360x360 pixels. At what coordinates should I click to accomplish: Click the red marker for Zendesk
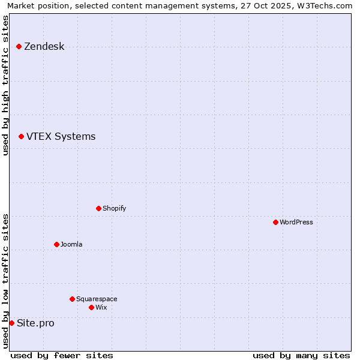point(19,46)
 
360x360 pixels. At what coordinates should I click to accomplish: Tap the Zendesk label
point(44,47)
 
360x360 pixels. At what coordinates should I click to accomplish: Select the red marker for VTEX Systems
point(21,136)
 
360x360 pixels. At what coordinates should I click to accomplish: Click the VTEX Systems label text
point(61,137)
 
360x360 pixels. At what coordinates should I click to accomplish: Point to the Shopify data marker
point(98,208)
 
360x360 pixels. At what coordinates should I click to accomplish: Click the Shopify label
point(114,209)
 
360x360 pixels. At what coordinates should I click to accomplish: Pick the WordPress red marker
point(275,222)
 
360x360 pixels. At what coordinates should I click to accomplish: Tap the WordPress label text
point(296,223)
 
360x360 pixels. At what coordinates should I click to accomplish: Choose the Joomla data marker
point(56,244)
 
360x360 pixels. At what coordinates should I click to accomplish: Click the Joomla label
point(71,245)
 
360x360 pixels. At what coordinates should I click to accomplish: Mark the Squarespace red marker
point(72,299)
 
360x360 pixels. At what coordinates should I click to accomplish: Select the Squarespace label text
point(97,299)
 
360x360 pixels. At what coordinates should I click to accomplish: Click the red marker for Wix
point(91,307)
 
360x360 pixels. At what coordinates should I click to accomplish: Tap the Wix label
point(101,308)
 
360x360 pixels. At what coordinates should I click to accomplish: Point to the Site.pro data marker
point(11,323)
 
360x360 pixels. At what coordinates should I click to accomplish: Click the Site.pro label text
point(35,323)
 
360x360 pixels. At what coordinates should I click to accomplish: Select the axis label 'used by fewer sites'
point(62,355)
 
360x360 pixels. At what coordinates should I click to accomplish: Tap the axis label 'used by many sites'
point(301,355)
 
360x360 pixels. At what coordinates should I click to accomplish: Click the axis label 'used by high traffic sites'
point(6,85)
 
